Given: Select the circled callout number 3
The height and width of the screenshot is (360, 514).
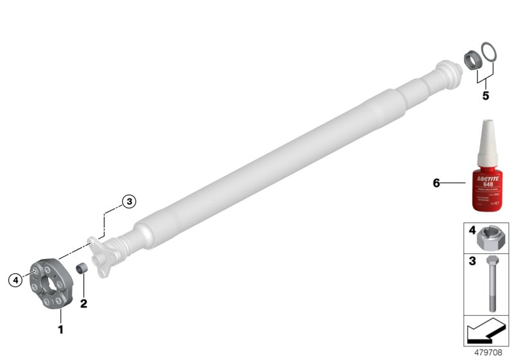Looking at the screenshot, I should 128,201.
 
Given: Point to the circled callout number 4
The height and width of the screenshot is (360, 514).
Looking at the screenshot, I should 14,279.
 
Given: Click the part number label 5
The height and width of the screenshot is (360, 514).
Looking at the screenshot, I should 486,96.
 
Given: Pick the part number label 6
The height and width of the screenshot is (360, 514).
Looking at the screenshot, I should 436,183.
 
